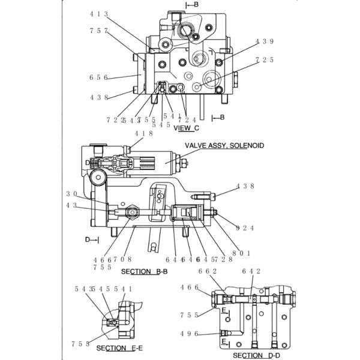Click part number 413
[x=99, y=13]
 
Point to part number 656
[x=99, y=77]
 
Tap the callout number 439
[x=265, y=41]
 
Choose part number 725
[x=265, y=60]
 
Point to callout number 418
[x=143, y=134]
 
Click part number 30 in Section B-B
[x=72, y=193]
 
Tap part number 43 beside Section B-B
[x=72, y=206]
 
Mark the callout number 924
[x=245, y=228]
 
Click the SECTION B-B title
[x=144, y=272]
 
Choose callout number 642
[x=251, y=271]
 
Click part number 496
[x=189, y=334]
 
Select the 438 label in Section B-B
[x=245, y=186]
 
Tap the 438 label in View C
[x=99, y=97]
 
